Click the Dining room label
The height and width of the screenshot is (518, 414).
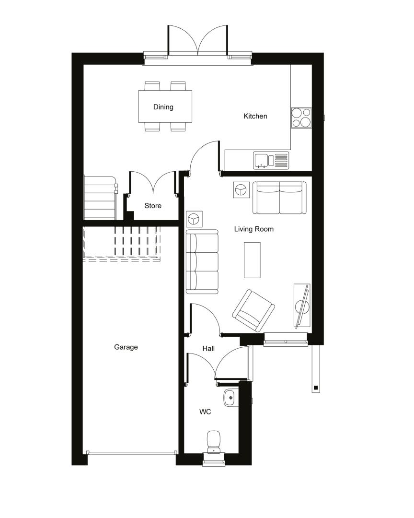163,106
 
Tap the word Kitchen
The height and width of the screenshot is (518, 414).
255,116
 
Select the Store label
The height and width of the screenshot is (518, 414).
153,205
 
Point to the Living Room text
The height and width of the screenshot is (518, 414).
254,229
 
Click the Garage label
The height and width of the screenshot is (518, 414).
126,347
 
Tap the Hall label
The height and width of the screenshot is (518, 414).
208,348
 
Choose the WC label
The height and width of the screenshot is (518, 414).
205,412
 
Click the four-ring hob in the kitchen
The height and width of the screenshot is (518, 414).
301,118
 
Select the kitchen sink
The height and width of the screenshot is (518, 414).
271,160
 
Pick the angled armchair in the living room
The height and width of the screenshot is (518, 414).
253,310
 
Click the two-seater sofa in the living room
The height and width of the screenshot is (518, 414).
279,198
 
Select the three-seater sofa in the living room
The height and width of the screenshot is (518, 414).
202,262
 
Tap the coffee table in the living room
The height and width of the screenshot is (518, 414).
252,260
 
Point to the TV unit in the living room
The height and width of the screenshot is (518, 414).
302,306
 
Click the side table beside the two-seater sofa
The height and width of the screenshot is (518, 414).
241,190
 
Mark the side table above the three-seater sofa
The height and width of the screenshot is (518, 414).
194,219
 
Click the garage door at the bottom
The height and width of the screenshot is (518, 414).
131,453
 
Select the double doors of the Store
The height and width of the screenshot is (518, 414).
153,183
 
